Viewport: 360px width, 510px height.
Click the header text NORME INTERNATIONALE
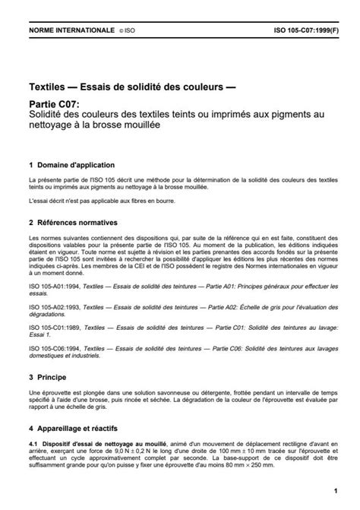pyautogui.click(x=65, y=32)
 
